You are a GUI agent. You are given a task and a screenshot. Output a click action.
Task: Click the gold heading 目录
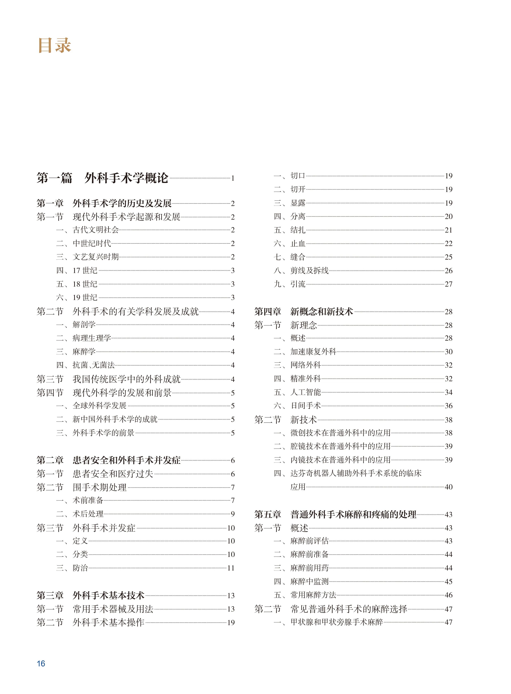pyautogui.click(x=54, y=46)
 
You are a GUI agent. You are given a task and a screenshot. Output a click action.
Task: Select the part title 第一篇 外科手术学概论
pyautogui.click(x=102, y=178)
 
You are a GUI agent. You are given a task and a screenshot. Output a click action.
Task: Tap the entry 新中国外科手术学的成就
pyautogui.click(x=115, y=419)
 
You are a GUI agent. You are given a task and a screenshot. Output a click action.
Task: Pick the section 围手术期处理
pyautogui.click(x=99, y=487)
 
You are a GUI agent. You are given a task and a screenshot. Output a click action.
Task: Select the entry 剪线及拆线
pyautogui.click(x=309, y=271)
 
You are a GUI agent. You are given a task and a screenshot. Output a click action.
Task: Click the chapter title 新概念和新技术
pyautogui.click(x=321, y=311)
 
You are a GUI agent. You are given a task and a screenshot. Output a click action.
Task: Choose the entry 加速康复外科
pyautogui.click(x=313, y=352)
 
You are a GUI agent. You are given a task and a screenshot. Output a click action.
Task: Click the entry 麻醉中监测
pyautogui.click(x=309, y=581)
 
